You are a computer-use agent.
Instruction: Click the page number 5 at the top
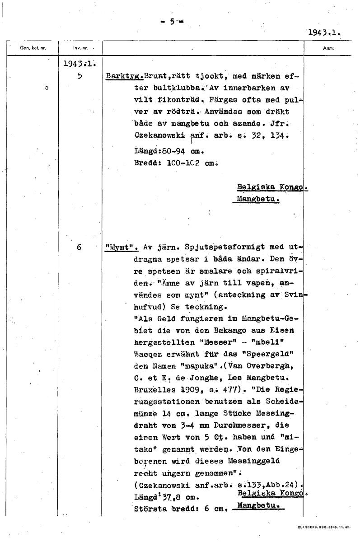tap(172, 21)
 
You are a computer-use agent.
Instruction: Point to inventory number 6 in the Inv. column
tap(79, 247)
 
